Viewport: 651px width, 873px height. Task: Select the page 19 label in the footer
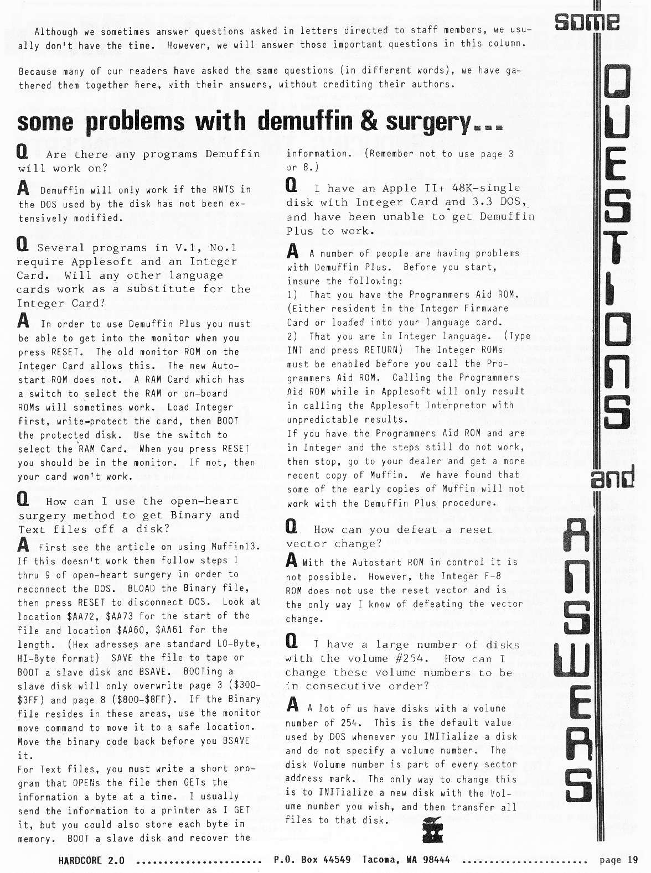618,860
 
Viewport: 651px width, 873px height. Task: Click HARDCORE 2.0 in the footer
91,860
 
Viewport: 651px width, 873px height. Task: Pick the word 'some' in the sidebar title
587,22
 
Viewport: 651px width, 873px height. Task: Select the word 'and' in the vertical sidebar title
612,479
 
